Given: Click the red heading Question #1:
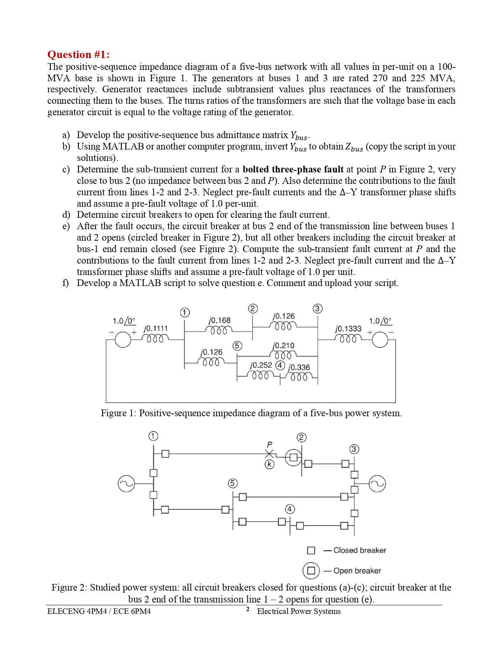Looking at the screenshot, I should click(79, 54).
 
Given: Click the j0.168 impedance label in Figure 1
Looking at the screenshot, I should click(219, 320).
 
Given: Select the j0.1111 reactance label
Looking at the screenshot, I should click(155, 328).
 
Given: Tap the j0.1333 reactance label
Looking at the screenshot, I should click(348, 329).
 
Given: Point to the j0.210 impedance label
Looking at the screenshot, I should click(283, 346).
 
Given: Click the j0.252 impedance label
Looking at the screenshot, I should click(261, 365).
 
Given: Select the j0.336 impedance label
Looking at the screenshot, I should click(299, 367).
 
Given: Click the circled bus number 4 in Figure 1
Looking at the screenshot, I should click(280, 365).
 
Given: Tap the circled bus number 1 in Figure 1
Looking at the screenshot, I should click(185, 312).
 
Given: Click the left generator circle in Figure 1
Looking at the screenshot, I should click(123, 339).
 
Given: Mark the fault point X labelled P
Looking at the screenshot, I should click(269, 454).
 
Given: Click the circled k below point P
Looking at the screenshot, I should click(269, 464).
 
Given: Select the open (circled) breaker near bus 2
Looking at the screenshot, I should click(294, 457).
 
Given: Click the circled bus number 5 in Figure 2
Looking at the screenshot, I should click(233, 483).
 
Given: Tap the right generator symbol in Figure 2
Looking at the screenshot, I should click(377, 484).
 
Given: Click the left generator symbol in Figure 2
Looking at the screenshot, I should click(127, 484).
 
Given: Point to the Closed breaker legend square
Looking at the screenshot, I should click(311, 550).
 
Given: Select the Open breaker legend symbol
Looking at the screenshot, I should click(311, 571).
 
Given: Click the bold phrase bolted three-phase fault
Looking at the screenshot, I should click(293, 169).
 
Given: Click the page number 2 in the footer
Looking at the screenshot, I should click(248, 610).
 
